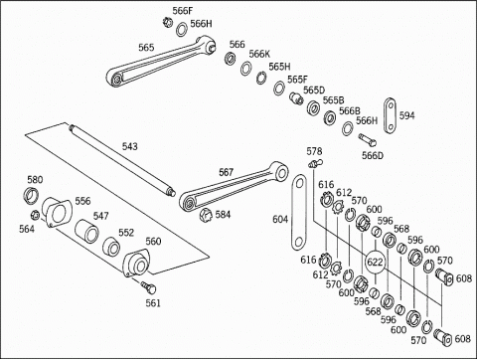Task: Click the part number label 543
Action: (x=130, y=146)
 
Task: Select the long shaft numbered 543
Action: (x=122, y=160)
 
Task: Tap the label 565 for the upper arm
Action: (x=146, y=48)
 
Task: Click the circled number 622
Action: (x=375, y=262)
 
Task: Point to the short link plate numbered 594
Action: (x=391, y=115)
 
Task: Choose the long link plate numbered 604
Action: (x=299, y=212)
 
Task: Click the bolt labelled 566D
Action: (x=367, y=140)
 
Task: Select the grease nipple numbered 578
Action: (x=316, y=163)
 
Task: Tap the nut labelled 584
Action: (x=206, y=216)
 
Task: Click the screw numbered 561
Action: (x=148, y=287)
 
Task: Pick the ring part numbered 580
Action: (x=31, y=195)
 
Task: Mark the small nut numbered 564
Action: (x=35, y=215)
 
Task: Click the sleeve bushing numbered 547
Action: (x=86, y=230)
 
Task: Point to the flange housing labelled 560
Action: (x=136, y=263)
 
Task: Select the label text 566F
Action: (x=182, y=11)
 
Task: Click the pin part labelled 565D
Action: (x=296, y=97)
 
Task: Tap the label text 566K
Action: (x=259, y=54)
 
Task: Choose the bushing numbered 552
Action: (x=111, y=247)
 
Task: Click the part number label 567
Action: (x=226, y=172)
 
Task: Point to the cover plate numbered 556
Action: (x=57, y=213)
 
